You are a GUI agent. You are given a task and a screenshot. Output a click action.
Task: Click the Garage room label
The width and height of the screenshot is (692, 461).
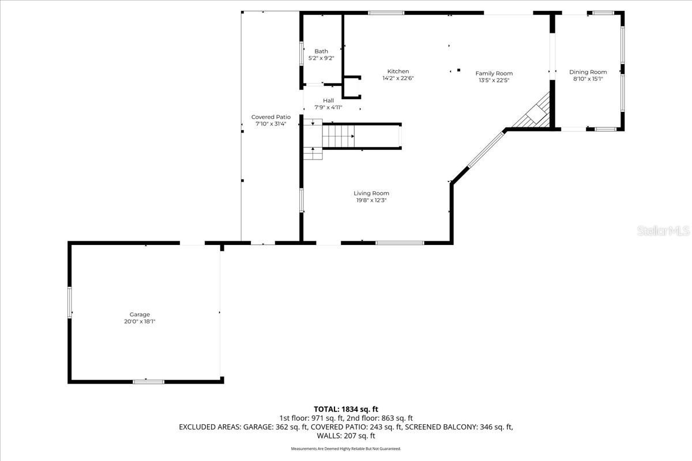[140, 314]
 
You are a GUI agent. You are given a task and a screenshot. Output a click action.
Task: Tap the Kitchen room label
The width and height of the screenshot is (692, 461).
[398, 71]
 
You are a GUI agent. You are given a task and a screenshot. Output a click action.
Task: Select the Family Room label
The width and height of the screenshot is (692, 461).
[494, 73]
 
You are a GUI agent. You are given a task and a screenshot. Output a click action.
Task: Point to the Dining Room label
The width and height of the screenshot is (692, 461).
[588, 72]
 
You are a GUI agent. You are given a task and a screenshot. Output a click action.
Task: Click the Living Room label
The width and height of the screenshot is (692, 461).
[371, 193]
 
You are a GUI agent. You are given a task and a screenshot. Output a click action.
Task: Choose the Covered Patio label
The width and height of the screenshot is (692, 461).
[271, 117]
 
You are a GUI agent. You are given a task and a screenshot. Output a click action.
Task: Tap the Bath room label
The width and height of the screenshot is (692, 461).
[321, 51]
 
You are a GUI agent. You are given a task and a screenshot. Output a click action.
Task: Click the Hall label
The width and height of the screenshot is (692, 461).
[328, 100]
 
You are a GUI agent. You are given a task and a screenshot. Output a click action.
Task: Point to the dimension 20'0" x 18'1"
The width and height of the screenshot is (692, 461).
[140, 322]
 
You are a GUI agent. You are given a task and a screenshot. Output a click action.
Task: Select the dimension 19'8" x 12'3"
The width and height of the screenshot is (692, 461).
[371, 201]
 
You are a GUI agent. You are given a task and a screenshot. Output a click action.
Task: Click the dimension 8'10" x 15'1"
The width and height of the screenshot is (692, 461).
[588, 80]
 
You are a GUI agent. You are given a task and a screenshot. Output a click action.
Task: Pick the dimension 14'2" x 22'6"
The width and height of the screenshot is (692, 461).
[398, 78]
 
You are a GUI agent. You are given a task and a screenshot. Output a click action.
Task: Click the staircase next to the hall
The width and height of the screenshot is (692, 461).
[339, 137]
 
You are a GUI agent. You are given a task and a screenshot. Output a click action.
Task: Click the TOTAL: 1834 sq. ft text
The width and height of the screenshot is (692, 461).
[346, 409]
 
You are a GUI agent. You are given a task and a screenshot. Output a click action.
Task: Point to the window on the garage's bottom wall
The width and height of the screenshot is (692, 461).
[148, 381]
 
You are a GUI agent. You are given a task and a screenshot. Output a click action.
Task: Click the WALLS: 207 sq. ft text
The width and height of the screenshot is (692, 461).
[346, 436]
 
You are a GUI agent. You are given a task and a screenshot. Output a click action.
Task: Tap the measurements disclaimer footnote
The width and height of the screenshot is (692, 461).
[346, 448]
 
